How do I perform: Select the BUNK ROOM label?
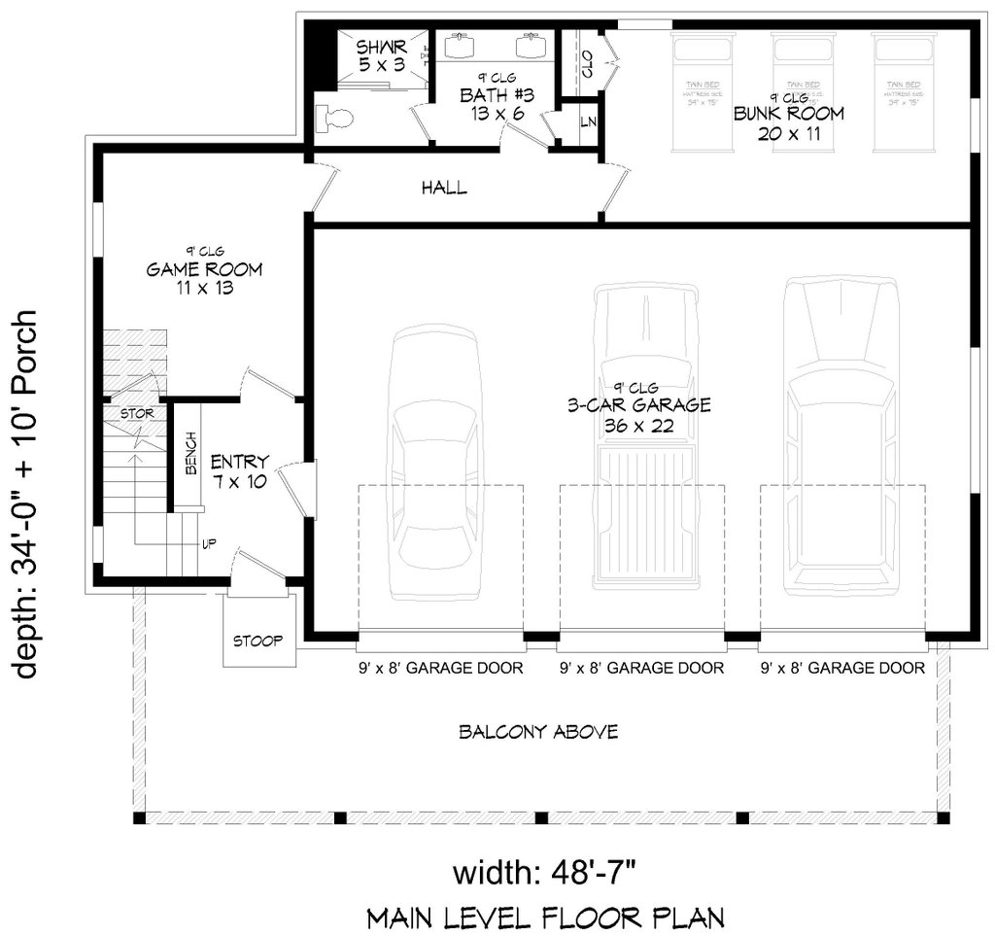click(x=788, y=114)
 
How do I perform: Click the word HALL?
click(x=444, y=188)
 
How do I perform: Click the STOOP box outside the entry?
click(x=258, y=641)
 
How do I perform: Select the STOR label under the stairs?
click(x=137, y=414)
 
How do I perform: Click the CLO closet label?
click(x=587, y=64)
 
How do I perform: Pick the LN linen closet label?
click(x=587, y=122)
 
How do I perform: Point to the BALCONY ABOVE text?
click(x=538, y=731)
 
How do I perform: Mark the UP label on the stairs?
click(x=208, y=543)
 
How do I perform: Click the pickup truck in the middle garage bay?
click(x=645, y=437)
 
